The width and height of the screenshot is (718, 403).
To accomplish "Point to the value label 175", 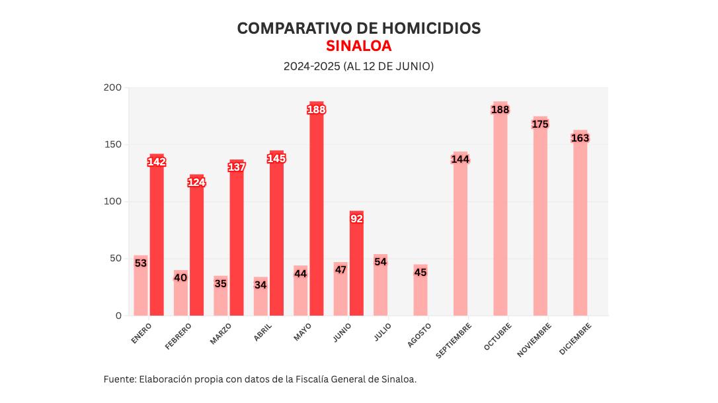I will [540, 124].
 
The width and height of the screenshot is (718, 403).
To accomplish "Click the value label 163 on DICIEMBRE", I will [580, 138].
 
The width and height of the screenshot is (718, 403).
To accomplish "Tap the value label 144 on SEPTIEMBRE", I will [460, 159].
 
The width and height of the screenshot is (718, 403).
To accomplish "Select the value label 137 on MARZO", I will [237, 167].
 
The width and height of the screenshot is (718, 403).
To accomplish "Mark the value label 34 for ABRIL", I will [260, 285].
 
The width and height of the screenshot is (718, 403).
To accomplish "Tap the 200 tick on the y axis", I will [113, 87].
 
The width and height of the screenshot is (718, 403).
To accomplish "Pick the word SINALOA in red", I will [359, 46].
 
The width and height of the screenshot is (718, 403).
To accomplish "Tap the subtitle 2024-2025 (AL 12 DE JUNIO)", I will [359, 66].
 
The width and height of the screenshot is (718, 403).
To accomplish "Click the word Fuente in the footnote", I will [118, 379].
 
